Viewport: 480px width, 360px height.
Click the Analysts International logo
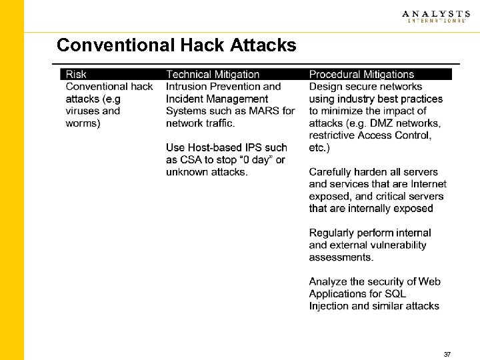(435, 17)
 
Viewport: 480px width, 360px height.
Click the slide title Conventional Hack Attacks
(176, 45)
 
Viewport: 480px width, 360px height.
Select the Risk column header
(76, 75)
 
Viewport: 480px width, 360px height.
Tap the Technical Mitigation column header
(212, 75)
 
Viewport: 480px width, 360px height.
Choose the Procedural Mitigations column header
(361, 75)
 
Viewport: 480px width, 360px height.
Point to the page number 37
(447, 354)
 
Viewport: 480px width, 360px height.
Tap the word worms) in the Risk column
(83, 123)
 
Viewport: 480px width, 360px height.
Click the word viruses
(83, 111)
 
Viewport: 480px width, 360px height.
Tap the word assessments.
(341, 257)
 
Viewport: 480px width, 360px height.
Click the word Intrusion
(188, 87)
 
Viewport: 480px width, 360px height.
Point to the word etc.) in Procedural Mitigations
(320, 147)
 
